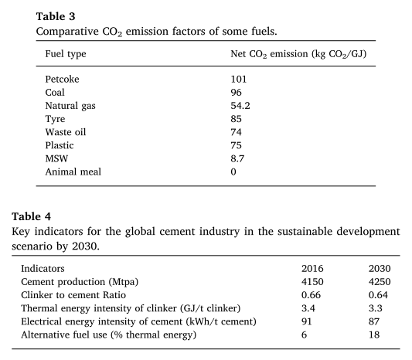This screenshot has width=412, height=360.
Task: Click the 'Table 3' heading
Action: coord(56,16)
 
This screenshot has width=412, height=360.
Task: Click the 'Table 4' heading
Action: coord(31,216)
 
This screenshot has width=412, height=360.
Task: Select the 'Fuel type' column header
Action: coord(66,54)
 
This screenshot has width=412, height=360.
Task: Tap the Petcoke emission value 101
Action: coord(239,79)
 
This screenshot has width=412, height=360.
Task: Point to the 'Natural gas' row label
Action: coord(70,106)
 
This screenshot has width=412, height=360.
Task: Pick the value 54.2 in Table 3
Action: coord(240,106)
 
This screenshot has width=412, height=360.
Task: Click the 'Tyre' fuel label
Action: coord(55,119)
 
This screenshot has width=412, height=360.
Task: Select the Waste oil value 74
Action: coord(236,132)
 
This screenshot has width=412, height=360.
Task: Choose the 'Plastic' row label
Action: coord(60,145)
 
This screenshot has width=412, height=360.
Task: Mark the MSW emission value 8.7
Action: coord(237,158)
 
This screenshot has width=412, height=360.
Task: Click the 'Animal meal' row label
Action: coord(73,172)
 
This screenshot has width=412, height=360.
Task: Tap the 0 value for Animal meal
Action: coord(233,172)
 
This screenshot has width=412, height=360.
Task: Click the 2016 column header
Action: coord(312,268)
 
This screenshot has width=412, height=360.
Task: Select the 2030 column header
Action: coord(380,268)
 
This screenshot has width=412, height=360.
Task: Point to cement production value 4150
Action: coord(312,282)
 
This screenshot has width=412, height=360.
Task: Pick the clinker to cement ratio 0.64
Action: coord(378,295)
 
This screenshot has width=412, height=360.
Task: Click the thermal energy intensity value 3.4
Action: coord(308,308)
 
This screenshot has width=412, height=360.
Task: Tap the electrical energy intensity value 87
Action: coord(374,321)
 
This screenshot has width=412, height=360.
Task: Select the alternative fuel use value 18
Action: coord(374,335)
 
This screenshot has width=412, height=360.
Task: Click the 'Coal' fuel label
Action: coord(55,93)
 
